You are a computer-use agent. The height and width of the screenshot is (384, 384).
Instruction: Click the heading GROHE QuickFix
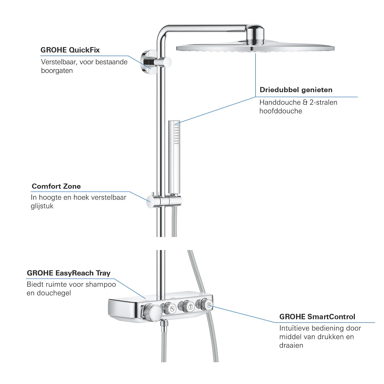point(70,50)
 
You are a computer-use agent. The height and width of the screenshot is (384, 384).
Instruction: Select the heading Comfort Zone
point(56,186)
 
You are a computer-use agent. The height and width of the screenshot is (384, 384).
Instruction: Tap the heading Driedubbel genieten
point(296,90)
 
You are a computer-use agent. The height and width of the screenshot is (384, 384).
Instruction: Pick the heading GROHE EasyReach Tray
point(69,273)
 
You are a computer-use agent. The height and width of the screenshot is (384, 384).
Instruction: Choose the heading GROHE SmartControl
point(317,317)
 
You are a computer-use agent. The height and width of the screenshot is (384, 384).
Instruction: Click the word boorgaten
point(57,71)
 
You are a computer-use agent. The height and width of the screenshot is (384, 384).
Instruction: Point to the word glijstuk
point(42,206)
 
